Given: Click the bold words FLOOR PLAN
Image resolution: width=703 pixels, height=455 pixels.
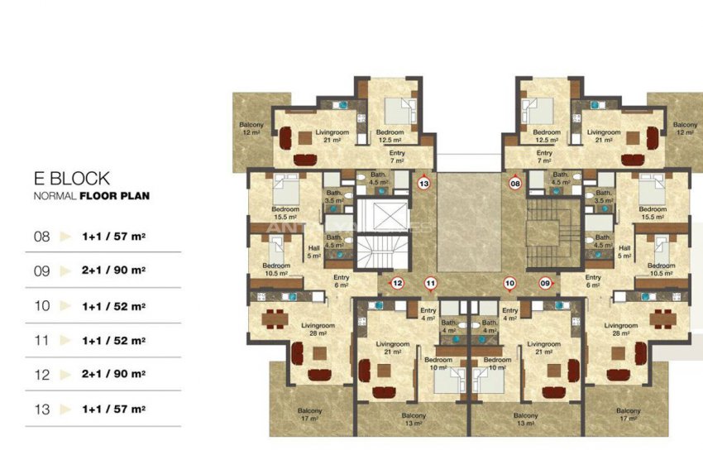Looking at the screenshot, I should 114,196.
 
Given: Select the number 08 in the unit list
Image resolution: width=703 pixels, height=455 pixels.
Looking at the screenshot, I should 41,236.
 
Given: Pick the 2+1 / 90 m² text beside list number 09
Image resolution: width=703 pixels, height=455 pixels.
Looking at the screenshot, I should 114,271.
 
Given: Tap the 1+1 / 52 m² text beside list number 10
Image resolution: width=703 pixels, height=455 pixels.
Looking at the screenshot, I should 114,305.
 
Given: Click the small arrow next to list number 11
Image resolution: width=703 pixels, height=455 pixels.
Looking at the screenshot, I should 66,340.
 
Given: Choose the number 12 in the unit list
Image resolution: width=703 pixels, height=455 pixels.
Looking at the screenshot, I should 41,375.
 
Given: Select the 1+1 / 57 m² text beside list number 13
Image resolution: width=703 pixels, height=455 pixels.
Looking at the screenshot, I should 114,409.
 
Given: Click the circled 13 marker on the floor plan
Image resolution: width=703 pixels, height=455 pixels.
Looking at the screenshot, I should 424,184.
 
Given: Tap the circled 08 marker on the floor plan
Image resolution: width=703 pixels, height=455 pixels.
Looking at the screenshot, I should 514,184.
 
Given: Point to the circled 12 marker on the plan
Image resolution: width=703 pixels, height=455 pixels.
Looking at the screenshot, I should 398,284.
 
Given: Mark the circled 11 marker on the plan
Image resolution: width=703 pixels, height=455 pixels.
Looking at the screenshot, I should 430,284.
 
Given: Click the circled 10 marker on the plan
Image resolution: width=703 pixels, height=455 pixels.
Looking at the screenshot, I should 509,284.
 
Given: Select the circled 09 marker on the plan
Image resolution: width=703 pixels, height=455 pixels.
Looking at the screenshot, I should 545,284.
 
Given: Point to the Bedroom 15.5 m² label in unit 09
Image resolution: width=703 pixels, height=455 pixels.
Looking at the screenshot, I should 653,212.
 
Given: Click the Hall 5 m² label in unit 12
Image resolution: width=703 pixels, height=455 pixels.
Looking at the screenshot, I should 313,251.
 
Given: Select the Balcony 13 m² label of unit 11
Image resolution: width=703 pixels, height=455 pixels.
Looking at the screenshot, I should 414,419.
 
